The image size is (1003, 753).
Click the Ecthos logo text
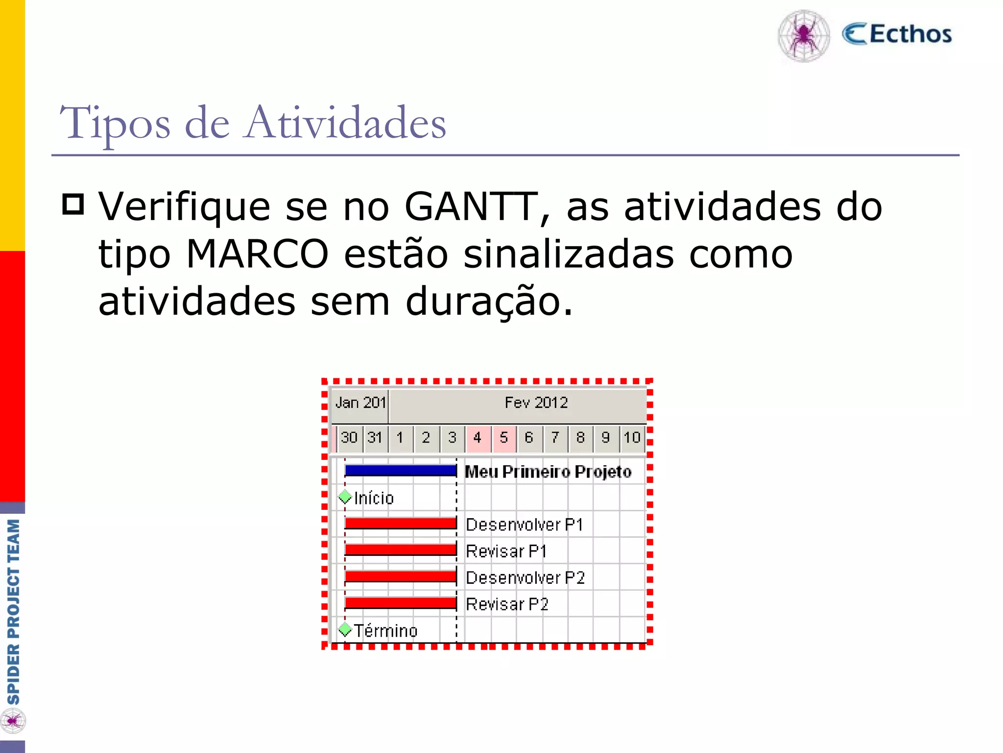[x=897, y=34]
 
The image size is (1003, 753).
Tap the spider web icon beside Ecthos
[x=804, y=36]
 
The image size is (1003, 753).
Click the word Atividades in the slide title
[x=346, y=123]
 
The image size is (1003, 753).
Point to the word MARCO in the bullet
[x=257, y=254]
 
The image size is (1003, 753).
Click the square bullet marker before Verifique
[x=73, y=204]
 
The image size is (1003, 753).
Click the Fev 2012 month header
[x=536, y=403]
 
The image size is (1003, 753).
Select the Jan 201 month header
[x=360, y=403]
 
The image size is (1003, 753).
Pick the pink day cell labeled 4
[x=478, y=437]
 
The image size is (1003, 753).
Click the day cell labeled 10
[x=632, y=437]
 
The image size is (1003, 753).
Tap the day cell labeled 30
[x=349, y=437]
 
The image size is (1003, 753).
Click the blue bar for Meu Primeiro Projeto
[x=401, y=471]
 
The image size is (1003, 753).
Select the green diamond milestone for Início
[x=345, y=497]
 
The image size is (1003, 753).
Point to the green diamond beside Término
[x=345, y=629]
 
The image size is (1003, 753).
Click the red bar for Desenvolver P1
[x=401, y=524]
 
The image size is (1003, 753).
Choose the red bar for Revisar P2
[x=401, y=603]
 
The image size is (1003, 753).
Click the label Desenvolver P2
[x=525, y=578]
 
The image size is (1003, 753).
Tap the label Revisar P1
[x=506, y=552]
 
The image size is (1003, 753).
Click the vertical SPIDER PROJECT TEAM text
[x=13, y=612]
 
